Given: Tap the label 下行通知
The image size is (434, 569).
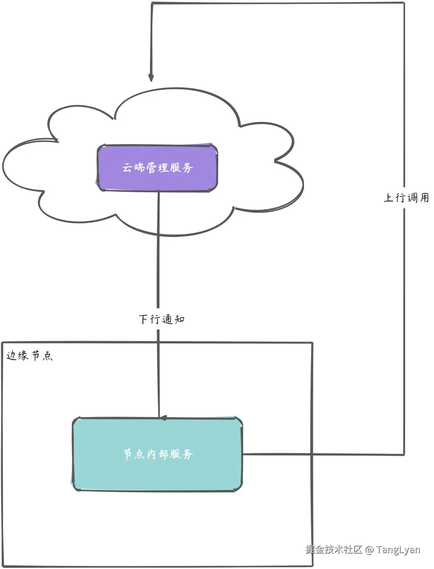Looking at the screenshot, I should pos(162,319).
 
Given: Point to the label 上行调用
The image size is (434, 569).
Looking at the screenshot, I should pos(406,198).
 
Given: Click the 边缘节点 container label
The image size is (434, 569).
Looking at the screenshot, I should pos(29,356).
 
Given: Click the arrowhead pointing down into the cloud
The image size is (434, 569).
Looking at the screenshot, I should pos(151,77).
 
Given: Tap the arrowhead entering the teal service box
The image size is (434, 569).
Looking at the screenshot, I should pos(163,418).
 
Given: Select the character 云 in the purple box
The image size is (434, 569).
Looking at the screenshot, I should pos(127,168).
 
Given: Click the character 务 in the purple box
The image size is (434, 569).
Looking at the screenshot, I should pos(188,168).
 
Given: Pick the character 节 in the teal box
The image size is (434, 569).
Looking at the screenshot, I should pos(128,454).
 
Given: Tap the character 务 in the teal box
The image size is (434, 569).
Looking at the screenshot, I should pos(188,454).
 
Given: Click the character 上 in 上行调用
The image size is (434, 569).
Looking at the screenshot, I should pos(388,198).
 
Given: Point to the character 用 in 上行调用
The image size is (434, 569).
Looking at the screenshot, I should pos(424,198).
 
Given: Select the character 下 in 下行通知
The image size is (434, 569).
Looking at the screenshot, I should pos(143,319).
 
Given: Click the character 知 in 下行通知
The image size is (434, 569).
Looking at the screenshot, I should pos(179,319).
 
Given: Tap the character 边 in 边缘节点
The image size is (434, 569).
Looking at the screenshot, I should pos(11,356).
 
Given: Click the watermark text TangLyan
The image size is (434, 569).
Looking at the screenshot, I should pos(398,549).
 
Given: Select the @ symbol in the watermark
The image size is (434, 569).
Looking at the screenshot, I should pos(369,550).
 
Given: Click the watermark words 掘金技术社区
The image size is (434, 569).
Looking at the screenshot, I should pos(334,549).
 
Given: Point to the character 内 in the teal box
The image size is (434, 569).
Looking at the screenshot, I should pos(151,454).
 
